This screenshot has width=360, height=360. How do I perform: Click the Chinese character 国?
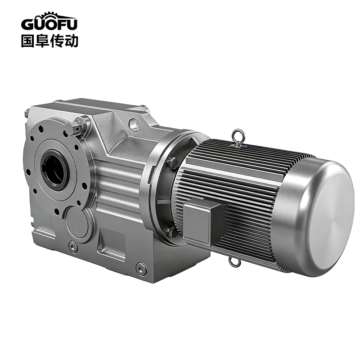tap(27, 41)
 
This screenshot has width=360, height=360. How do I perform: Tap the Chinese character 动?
tap(71, 41)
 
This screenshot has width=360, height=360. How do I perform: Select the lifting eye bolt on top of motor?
tap(238, 137)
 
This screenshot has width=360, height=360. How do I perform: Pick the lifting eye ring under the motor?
tap(234, 261)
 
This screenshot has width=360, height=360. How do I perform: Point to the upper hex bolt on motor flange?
tap(173, 163)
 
